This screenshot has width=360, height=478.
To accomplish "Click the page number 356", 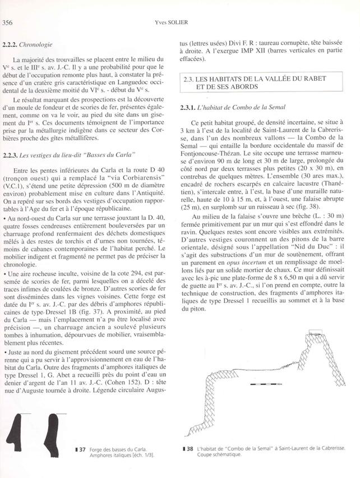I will [8, 22].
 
